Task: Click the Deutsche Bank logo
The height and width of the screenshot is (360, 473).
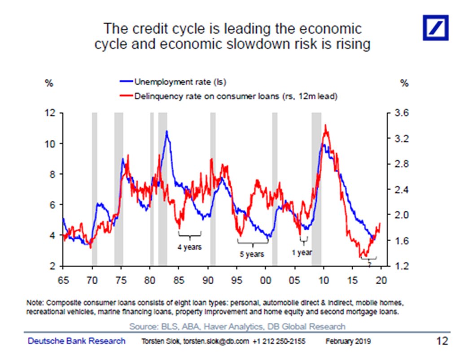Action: [x=435, y=27]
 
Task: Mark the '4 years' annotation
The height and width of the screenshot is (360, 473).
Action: [x=189, y=247]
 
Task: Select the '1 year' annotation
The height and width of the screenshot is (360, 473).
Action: [x=302, y=252]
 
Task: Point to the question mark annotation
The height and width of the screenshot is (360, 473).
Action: [x=369, y=265]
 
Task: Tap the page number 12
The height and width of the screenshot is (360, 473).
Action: [x=442, y=341]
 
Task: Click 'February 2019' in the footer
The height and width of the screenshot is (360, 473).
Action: [x=348, y=342]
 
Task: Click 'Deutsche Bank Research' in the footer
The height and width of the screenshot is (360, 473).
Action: [x=77, y=341]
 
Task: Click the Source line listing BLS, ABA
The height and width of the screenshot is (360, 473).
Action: [x=237, y=326]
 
